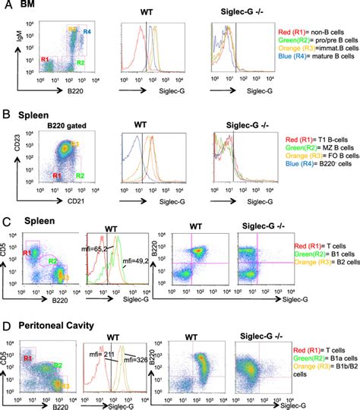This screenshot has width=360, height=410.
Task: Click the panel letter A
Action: coord(7,7)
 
